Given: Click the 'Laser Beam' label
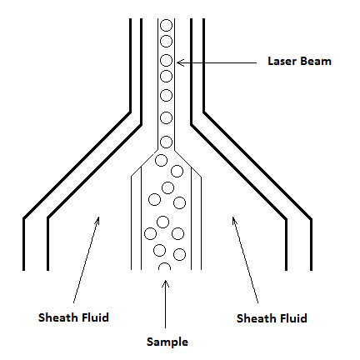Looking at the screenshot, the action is [x=299, y=61].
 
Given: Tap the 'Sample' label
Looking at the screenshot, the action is [x=167, y=342].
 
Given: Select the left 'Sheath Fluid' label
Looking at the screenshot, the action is [x=73, y=317].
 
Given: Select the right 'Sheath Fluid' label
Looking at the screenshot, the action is [x=272, y=318].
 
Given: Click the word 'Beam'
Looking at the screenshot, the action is [x=316, y=61].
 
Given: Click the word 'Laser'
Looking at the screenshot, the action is [x=282, y=61].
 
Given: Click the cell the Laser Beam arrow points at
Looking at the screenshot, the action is [x=167, y=60].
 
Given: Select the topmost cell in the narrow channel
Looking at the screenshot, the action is [x=167, y=25].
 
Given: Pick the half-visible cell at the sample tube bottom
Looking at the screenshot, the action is [x=164, y=267].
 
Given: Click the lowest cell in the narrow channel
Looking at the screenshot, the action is [x=167, y=142].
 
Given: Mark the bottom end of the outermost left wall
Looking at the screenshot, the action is [x=23, y=270].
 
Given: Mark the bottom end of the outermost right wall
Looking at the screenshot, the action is [x=311, y=270].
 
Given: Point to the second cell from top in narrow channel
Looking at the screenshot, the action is [x=167, y=41].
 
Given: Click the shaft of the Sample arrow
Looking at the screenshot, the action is [x=165, y=304].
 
